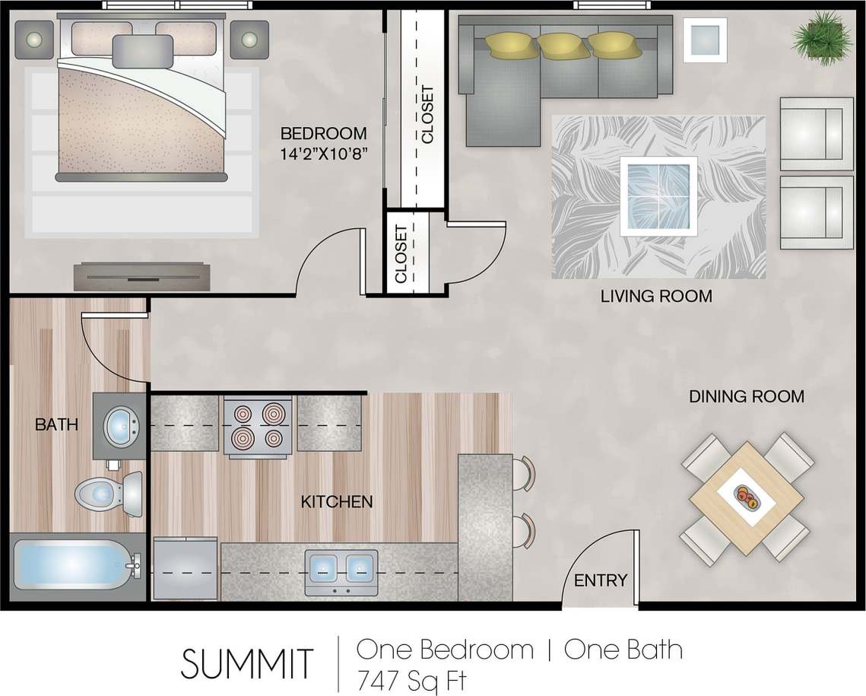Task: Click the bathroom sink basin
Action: pos(119,426)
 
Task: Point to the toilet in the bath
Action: pos(109,493)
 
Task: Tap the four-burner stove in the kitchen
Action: pos(257,426)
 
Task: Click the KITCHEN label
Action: pos(337,501)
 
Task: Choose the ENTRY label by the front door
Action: pos(601,580)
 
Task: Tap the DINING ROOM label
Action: pos(746,396)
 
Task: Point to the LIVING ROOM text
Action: pos(656,296)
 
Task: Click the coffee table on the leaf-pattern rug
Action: pos(658,196)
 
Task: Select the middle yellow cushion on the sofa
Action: pos(561,45)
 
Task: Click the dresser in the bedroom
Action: pos(141,276)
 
